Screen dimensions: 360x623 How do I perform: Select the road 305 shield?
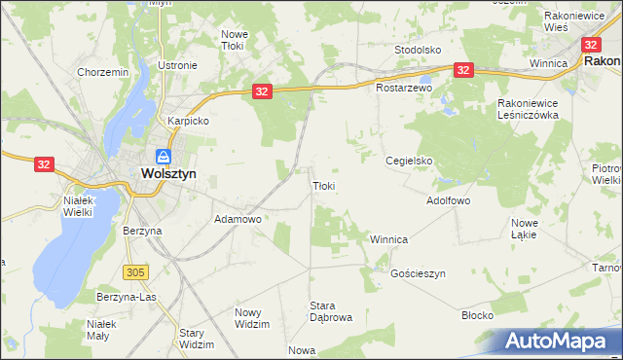pyautogui.click(x=135, y=270)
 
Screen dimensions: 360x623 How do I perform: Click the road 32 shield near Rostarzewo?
pyautogui.click(x=462, y=70)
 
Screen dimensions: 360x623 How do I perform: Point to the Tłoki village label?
pyautogui.click(x=324, y=186)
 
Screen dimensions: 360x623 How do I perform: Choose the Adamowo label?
pyautogui.click(x=238, y=220)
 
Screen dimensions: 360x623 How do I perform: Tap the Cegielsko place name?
pyautogui.click(x=408, y=162)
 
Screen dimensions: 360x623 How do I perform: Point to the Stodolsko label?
pyautogui.click(x=418, y=49)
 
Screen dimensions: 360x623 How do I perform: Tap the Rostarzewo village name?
pyautogui.click(x=404, y=88)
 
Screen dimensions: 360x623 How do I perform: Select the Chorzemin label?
pyautogui.click(x=102, y=72)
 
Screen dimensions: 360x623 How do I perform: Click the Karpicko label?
pyautogui.click(x=189, y=122)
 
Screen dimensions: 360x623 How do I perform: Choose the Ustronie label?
pyautogui.click(x=177, y=66)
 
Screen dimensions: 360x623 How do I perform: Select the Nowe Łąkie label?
pyautogui.click(x=524, y=229)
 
